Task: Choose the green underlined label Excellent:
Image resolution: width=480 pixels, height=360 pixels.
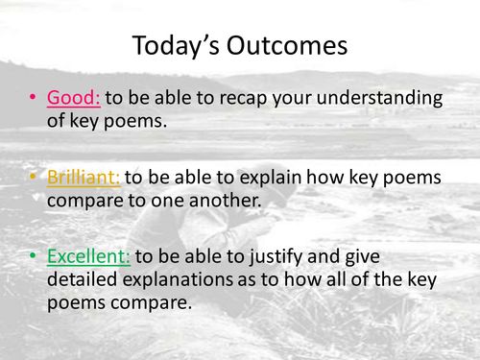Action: tap(92, 257)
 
